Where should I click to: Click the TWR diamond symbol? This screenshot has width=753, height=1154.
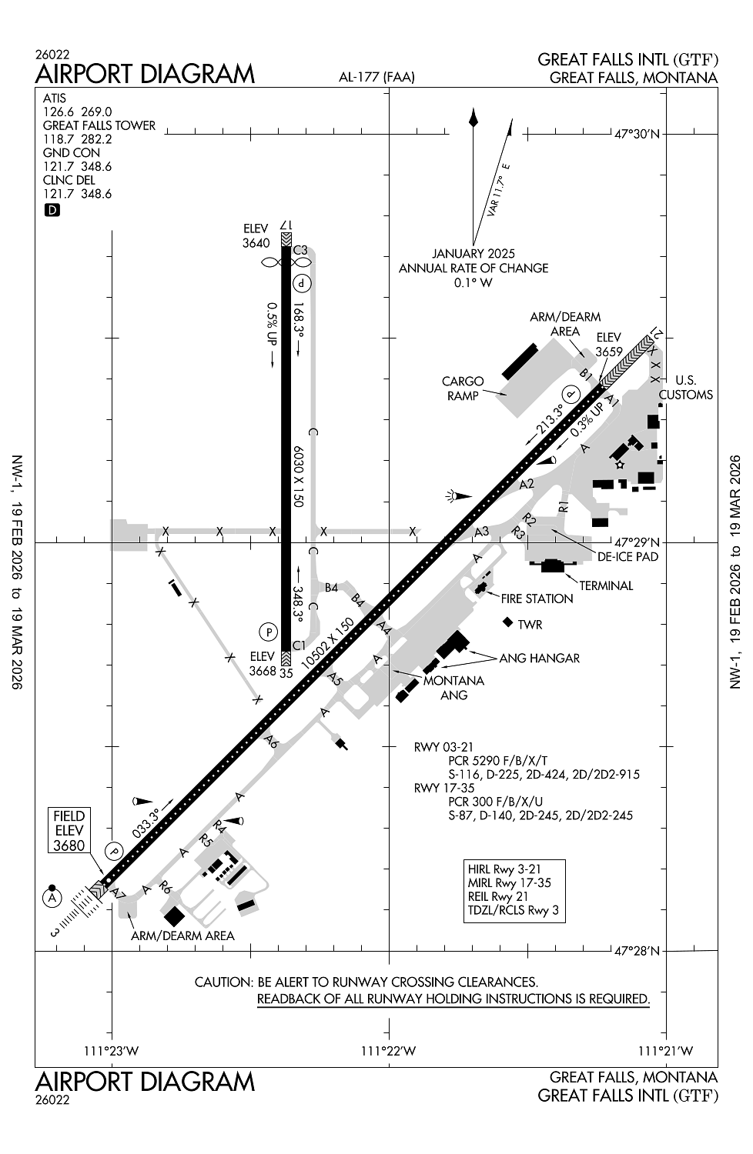[507, 622]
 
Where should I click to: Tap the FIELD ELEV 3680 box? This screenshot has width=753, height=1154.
[69, 830]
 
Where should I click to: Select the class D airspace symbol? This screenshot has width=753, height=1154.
[52, 210]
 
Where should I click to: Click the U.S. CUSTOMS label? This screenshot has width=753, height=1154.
[685, 387]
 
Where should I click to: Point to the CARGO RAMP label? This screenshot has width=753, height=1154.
[463, 388]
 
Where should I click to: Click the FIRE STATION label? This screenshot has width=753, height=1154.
[537, 599]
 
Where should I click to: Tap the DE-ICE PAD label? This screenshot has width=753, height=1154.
[628, 556]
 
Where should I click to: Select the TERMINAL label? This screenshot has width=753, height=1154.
[606, 585]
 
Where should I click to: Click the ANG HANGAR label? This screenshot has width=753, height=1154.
[539, 658]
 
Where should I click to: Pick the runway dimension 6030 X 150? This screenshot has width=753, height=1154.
[297, 475]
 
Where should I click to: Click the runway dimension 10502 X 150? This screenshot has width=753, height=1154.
[329, 643]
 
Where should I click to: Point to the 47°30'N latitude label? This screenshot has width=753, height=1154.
[638, 134]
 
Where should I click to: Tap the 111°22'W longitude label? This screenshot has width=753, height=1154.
[389, 1051]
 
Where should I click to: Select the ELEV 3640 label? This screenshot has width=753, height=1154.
[256, 236]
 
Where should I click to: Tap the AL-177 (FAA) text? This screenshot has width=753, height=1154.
[376, 77]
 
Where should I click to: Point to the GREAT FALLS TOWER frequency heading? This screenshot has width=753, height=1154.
[99, 125]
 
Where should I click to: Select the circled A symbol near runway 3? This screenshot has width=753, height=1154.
[52, 898]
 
